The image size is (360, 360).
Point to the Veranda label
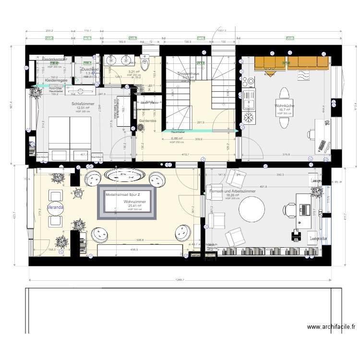pos(55,207)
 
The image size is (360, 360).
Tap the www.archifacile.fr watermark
pos(331,327)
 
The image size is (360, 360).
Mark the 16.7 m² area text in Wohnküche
pos(285,110)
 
